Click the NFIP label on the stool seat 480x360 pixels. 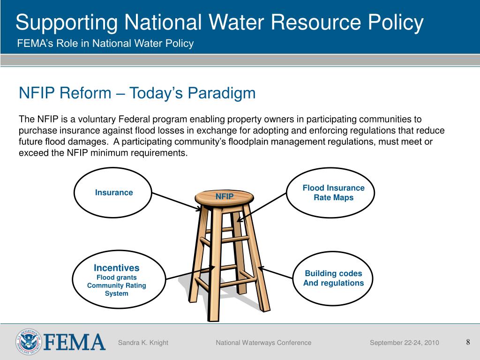click(224, 196)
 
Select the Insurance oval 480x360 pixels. click(114, 193)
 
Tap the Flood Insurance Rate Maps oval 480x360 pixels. click(333, 193)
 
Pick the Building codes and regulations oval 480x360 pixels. click(333, 278)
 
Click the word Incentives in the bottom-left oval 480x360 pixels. click(117, 268)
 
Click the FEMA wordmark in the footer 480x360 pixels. click(74, 342)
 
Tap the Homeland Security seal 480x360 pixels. click(29, 342)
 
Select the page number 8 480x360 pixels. click(468, 342)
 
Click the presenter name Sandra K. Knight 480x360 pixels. click(143, 343)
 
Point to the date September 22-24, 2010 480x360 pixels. click(404, 343)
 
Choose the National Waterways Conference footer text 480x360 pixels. click(263, 343)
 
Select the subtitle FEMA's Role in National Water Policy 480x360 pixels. click(105, 44)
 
